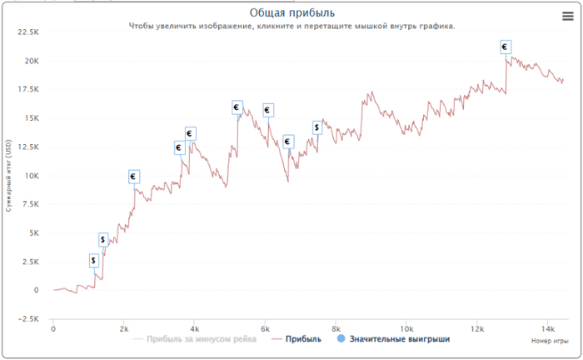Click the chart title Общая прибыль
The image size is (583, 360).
[291, 12]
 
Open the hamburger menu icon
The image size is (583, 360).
[567, 15]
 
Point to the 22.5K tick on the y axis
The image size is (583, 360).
[27, 32]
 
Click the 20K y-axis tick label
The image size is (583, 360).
[30, 61]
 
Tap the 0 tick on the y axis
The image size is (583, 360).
[36, 290]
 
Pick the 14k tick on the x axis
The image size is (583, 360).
[547, 328]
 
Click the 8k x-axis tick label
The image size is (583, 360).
[336, 328]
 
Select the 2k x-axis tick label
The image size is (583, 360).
[123, 328]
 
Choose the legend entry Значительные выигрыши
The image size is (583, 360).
[399, 340]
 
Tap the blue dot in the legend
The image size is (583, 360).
[341, 340]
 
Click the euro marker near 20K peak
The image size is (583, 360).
[505, 47]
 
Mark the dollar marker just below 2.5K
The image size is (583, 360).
[94, 261]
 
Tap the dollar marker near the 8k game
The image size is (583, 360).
[317, 127]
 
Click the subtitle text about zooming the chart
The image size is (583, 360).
[291, 26]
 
